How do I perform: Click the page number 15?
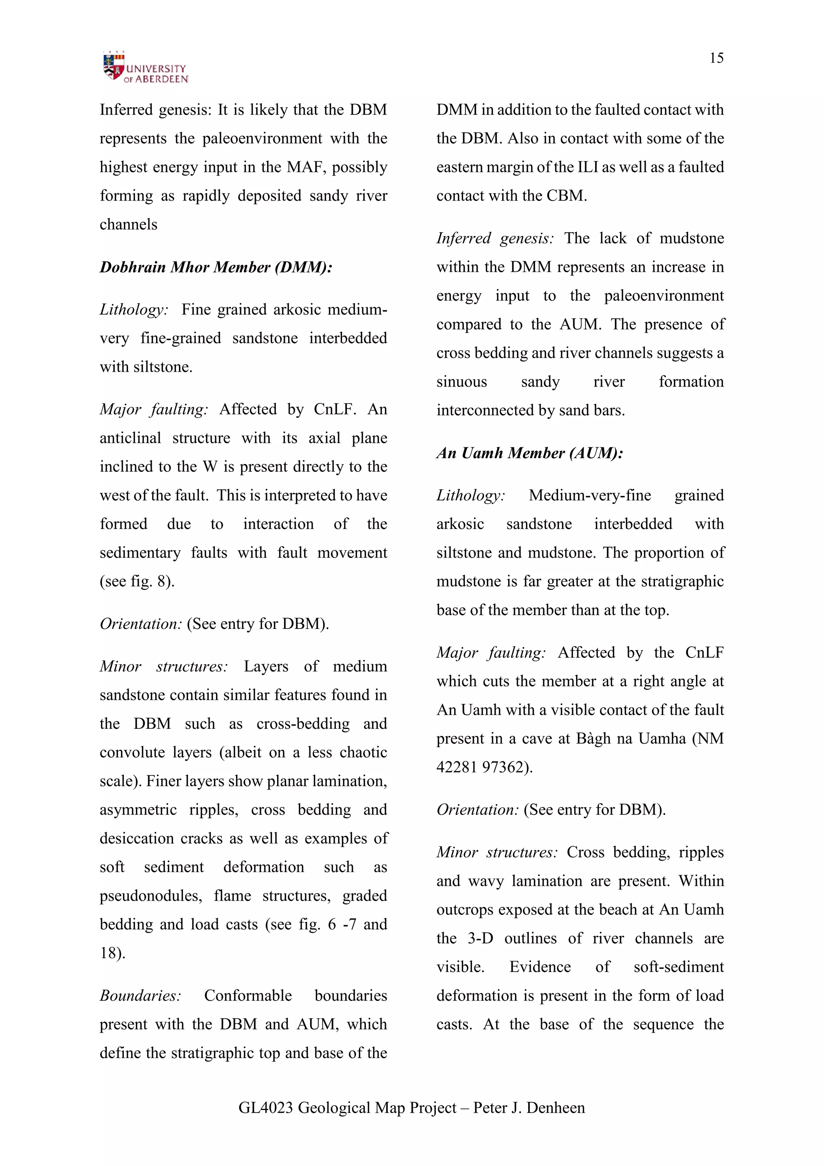(716, 58)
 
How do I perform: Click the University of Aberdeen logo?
(145, 68)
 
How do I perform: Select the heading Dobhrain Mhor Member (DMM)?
(216, 267)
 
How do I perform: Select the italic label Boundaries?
(140, 995)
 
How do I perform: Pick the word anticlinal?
(130, 438)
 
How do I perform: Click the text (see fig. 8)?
(137, 581)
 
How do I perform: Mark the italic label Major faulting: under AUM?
(490, 653)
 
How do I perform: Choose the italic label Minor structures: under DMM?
(163, 666)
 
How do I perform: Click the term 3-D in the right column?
(480, 938)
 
